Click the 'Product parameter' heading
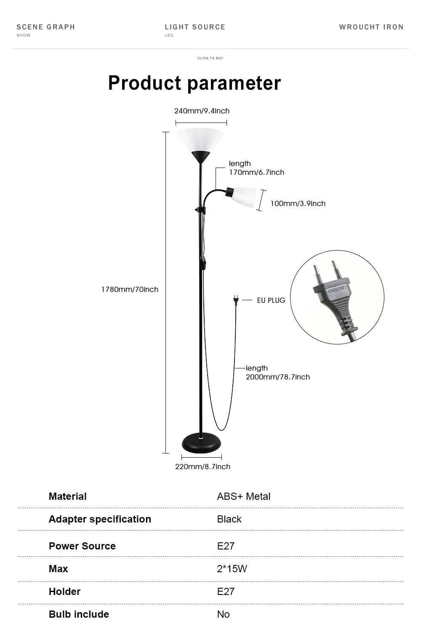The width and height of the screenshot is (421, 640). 194,83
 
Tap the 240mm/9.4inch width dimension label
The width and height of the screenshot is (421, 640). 202,111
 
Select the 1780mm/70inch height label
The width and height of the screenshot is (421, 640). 130,289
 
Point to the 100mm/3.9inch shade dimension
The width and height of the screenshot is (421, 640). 298,204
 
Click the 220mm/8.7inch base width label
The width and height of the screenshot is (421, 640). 203,467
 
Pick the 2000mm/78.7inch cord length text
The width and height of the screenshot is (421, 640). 277,377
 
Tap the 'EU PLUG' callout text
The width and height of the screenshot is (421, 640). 271,300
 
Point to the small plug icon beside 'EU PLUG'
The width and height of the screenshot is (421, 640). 236,300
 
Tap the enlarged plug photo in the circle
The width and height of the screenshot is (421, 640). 337,297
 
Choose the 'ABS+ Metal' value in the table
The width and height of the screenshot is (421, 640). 243,496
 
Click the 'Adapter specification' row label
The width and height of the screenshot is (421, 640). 100,519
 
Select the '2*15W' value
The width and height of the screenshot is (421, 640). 232,569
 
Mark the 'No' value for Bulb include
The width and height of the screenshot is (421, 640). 223,614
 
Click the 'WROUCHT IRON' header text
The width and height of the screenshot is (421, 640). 371,27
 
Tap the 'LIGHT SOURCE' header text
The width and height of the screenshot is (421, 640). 195,27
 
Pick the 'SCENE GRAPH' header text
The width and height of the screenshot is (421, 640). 45,27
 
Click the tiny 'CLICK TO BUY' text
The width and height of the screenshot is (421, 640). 210,58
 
